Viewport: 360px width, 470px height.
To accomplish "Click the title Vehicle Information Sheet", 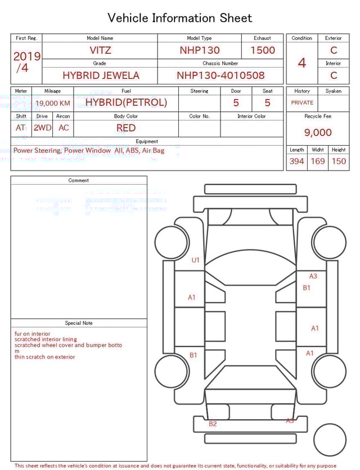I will point(180,18).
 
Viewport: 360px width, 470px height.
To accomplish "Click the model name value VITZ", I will point(100,50).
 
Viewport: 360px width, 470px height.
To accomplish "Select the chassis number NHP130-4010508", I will point(220,75).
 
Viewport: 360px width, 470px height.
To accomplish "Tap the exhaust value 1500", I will point(263,50).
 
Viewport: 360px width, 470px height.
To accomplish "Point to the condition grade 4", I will point(301,62).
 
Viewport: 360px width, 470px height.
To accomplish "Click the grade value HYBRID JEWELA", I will point(101,75).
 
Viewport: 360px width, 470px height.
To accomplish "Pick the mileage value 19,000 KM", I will point(53,103).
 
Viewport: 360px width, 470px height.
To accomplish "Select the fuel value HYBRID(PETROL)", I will point(126,102).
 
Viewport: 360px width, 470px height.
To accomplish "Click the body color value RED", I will point(126,128).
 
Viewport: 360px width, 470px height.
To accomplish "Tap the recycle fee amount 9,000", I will point(318,132).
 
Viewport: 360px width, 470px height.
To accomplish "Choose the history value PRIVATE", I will point(302,102).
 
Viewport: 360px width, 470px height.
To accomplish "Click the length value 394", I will point(296,161).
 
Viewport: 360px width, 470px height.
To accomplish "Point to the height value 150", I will point(339,161).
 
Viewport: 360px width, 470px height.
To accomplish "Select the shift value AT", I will point(21,128).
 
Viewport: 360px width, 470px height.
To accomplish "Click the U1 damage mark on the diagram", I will point(196,260).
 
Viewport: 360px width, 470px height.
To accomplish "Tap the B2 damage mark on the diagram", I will point(213,424).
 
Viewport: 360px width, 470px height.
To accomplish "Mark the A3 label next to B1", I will point(313,276).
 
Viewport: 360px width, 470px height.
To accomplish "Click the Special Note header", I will point(79,323).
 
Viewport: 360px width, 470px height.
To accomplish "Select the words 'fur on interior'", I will point(33,334).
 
